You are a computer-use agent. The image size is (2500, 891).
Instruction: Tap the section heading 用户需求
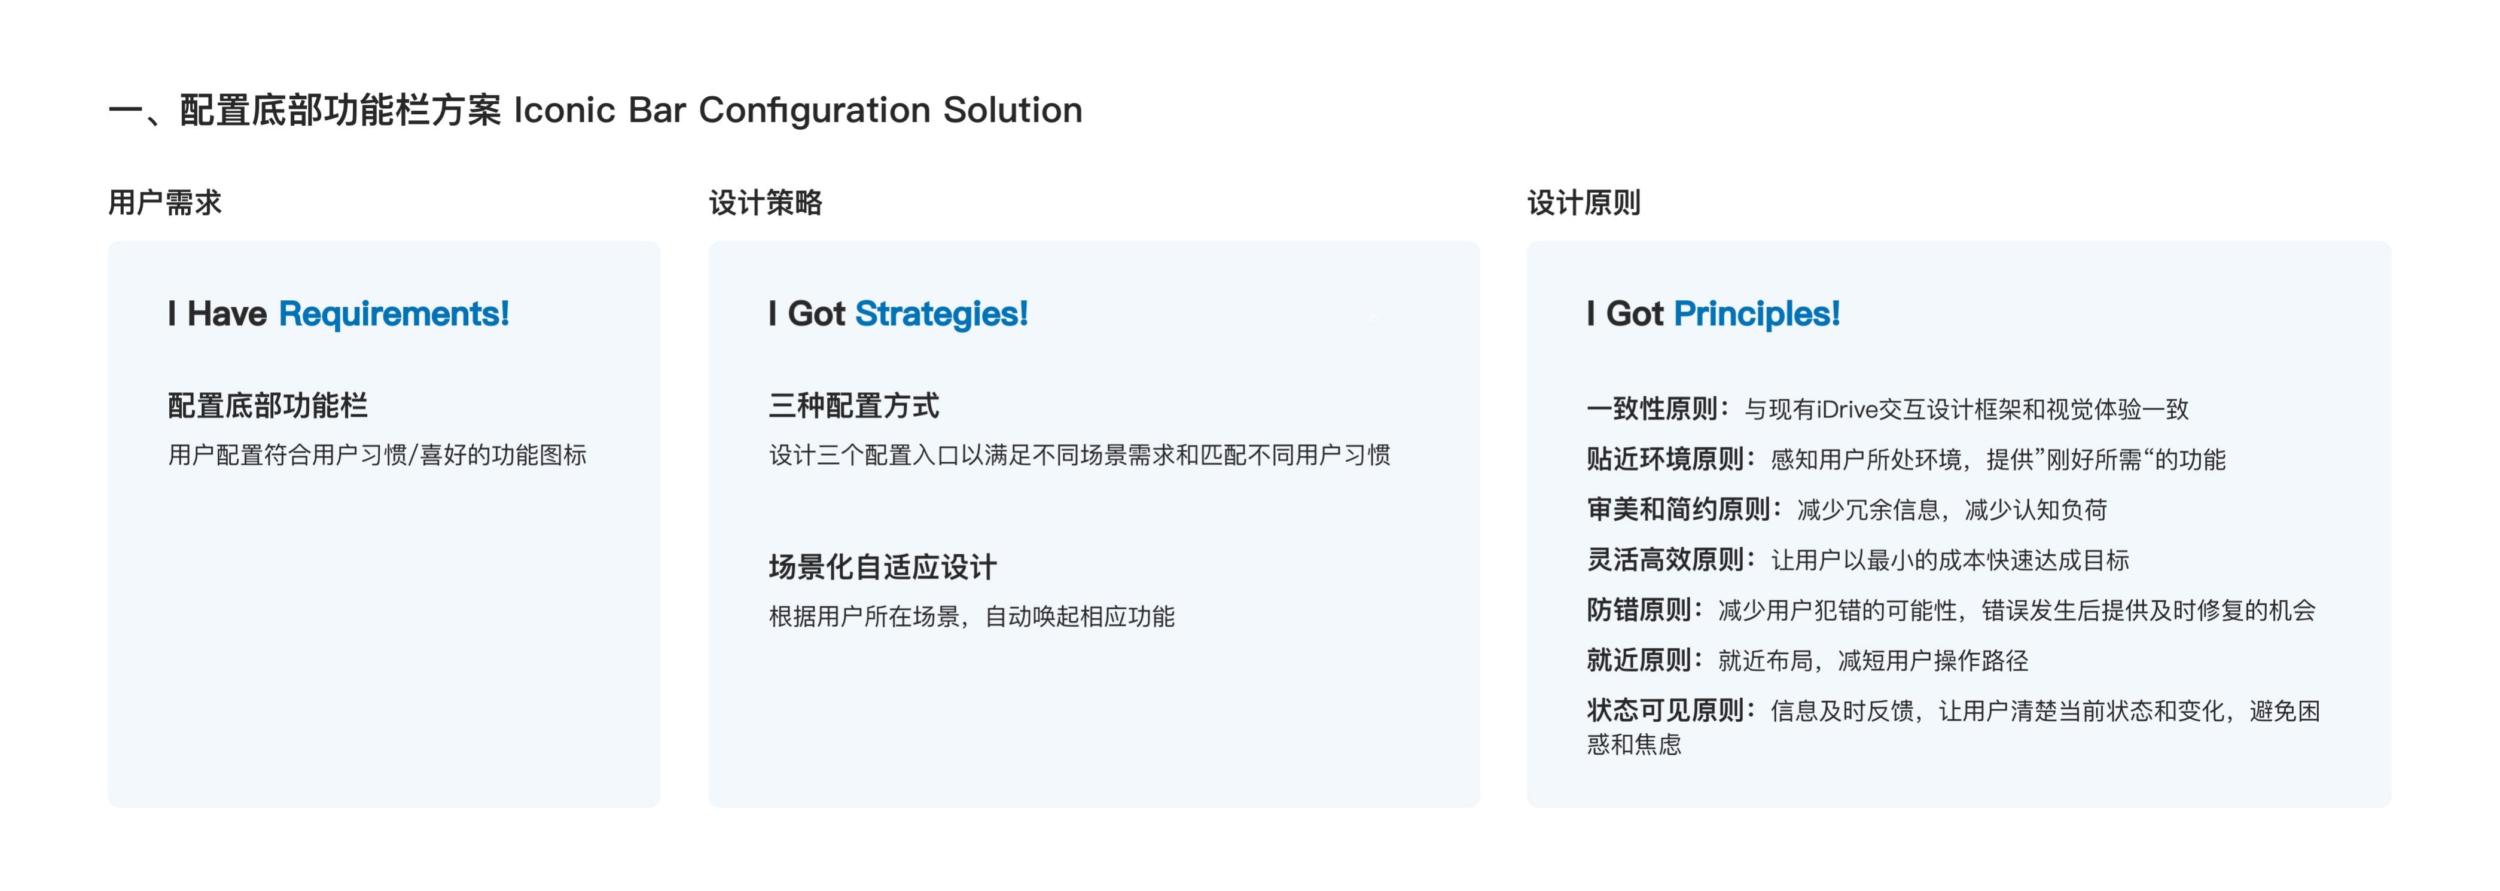click(x=165, y=203)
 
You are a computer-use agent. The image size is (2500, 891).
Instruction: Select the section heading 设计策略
click(x=766, y=203)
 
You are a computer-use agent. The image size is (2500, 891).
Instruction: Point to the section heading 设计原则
click(x=1584, y=203)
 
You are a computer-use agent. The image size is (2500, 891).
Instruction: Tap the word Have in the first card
click(x=227, y=313)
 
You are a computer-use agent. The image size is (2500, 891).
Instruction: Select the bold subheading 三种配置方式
click(x=854, y=405)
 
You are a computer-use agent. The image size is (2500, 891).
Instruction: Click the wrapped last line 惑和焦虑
click(x=1635, y=744)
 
